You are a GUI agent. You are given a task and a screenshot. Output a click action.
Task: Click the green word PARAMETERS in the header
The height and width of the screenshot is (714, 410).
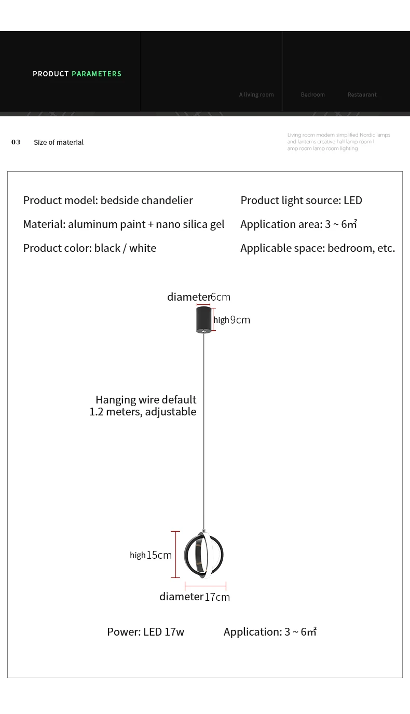[97, 74]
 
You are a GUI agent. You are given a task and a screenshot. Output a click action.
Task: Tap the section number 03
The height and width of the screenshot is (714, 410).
[16, 142]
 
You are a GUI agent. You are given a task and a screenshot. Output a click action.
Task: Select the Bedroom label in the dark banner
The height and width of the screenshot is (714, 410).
[312, 95]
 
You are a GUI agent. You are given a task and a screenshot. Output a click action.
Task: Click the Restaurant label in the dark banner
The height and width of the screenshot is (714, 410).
[362, 95]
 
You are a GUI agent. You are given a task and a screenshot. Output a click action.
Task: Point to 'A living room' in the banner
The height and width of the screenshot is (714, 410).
[256, 95]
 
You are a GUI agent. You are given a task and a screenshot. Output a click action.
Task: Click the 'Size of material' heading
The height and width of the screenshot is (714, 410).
[59, 142]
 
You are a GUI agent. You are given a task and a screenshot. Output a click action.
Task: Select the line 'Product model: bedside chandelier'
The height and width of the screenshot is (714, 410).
[108, 200]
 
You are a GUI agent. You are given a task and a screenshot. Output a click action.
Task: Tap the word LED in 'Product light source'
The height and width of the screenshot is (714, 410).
[353, 200]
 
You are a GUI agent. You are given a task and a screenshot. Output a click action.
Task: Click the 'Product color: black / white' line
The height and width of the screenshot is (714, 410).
[90, 248]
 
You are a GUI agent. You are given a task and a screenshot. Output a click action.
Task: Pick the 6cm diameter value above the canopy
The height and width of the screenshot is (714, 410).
[221, 297]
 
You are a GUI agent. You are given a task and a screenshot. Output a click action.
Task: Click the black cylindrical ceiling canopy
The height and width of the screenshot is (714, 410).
[203, 319]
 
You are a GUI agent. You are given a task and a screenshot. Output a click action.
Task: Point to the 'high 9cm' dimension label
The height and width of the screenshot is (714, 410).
[232, 320]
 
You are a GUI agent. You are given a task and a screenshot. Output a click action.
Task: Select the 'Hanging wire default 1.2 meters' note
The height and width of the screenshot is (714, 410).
[143, 406]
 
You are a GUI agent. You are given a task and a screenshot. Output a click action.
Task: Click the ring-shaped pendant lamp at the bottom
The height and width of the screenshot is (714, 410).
[204, 555]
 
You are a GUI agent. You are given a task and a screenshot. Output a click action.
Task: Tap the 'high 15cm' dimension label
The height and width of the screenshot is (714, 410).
[151, 555]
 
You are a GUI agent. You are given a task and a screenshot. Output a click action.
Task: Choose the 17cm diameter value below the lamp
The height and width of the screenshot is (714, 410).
[217, 597]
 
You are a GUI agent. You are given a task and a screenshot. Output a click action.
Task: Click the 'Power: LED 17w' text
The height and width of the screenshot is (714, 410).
[145, 632]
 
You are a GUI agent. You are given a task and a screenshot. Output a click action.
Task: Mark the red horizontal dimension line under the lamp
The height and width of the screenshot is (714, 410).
[206, 587]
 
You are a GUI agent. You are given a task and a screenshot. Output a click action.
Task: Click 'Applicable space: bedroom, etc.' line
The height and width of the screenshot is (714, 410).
[318, 248]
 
